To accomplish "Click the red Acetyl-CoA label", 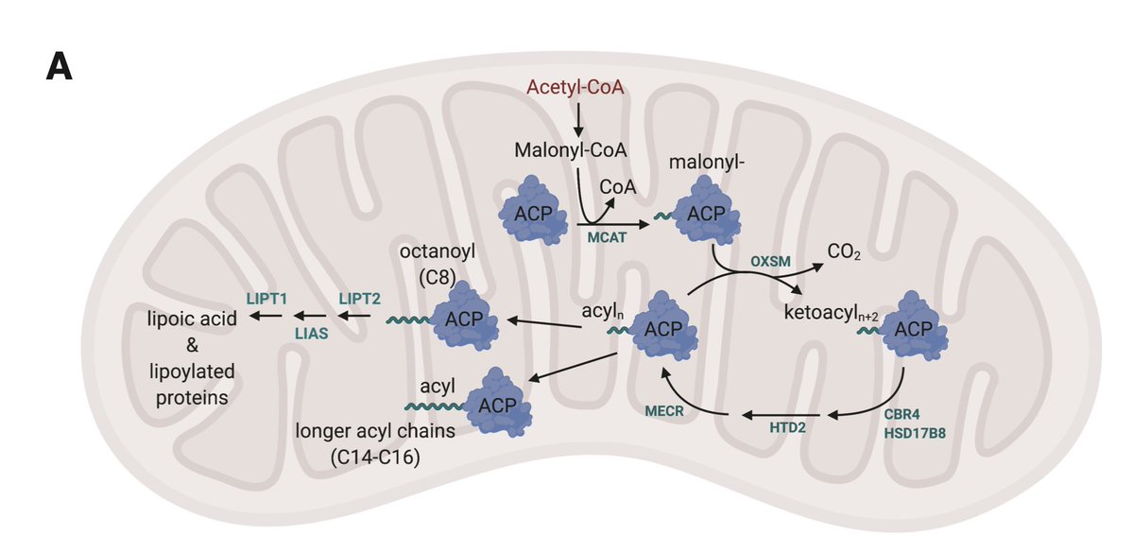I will [x=579, y=89].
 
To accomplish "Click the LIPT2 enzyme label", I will [x=358, y=297].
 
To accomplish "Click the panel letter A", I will [x=60, y=69].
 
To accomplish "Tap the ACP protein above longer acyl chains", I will [x=497, y=402].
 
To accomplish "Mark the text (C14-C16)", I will [x=375, y=458].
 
